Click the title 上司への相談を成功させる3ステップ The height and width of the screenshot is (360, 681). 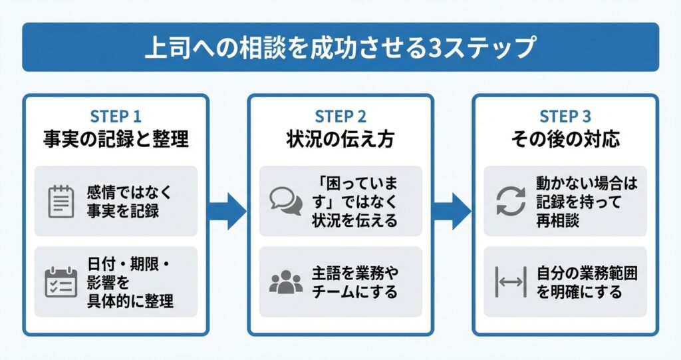click(340, 47)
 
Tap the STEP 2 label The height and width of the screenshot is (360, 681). click(340, 116)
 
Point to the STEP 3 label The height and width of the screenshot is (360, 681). click(565, 116)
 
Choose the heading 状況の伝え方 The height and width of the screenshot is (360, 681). click(340, 140)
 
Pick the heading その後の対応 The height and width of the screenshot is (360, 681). click(565, 140)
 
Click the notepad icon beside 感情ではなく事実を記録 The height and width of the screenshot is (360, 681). click(61, 202)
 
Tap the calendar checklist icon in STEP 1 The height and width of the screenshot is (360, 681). click(61, 282)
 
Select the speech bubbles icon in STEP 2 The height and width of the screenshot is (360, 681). click(286, 201)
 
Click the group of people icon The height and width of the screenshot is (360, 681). click(286, 282)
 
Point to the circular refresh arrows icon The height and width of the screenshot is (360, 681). click(511, 201)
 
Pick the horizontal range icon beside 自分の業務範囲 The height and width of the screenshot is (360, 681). click(511, 282)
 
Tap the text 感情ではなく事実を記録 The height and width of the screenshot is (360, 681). click(129, 202)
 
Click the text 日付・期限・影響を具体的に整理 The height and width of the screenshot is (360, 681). click(129, 282)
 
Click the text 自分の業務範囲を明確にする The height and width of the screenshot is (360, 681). click(579, 282)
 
